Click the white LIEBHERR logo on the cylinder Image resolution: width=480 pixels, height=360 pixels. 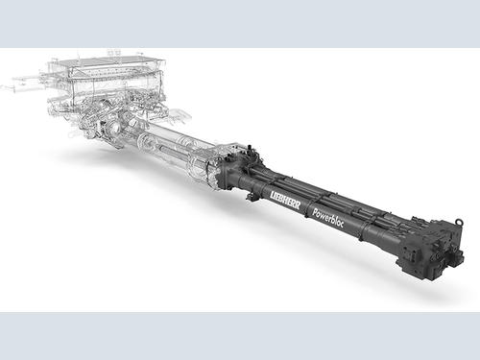[x=285, y=201]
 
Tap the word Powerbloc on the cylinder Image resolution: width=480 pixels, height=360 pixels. [x=327, y=217]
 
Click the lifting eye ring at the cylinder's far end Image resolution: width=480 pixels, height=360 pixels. [x=459, y=222]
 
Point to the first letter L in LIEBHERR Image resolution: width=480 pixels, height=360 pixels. [x=273, y=195]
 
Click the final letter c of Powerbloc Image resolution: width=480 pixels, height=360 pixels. [x=342, y=224]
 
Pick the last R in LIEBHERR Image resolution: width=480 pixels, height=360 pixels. [x=298, y=205]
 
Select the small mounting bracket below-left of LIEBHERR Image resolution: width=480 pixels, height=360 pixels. [x=252, y=197]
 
